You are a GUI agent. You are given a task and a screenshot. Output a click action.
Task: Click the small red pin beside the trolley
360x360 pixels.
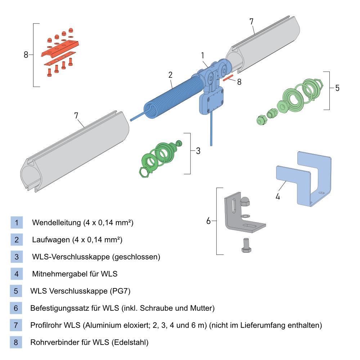pyautogui.click(x=228, y=78)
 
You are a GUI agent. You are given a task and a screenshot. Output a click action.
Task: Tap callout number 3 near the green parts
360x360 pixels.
pyautogui.click(x=198, y=151)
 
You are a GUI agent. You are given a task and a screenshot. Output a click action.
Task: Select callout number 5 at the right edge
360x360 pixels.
pyautogui.click(x=337, y=88)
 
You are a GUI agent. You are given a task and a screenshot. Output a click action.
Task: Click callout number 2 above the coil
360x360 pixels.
pyautogui.click(x=170, y=75)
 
